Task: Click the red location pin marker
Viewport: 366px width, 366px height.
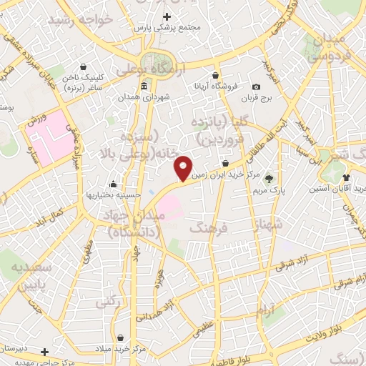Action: tap(184, 168)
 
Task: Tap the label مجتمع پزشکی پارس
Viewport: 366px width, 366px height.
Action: tap(168, 27)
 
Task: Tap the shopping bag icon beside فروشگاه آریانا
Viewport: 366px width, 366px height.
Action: tap(215, 75)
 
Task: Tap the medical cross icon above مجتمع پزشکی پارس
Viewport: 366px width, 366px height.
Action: tap(167, 16)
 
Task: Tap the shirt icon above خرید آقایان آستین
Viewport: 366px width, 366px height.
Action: tap(346, 176)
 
